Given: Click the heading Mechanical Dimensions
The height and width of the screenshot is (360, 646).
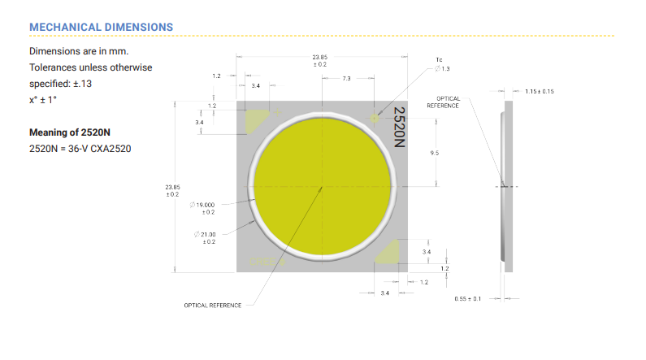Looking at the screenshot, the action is (x=101, y=27).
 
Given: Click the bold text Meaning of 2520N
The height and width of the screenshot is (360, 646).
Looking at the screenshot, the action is (x=70, y=132).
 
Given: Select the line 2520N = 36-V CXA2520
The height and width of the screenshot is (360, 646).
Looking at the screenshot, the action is (x=80, y=149).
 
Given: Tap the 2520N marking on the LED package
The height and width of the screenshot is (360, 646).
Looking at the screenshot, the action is (x=399, y=127).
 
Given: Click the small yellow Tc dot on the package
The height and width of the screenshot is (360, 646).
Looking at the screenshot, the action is (x=374, y=119).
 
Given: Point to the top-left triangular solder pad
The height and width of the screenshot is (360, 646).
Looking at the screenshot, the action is (x=255, y=120).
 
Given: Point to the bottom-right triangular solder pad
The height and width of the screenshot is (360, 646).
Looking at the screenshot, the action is (x=390, y=253).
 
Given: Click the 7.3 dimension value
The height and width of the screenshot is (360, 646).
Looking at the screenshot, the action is (x=346, y=78).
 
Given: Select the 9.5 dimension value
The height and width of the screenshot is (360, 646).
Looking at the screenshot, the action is (x=435, y=153).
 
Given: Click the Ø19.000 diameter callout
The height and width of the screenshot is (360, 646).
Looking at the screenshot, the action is (x=202, y=208).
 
